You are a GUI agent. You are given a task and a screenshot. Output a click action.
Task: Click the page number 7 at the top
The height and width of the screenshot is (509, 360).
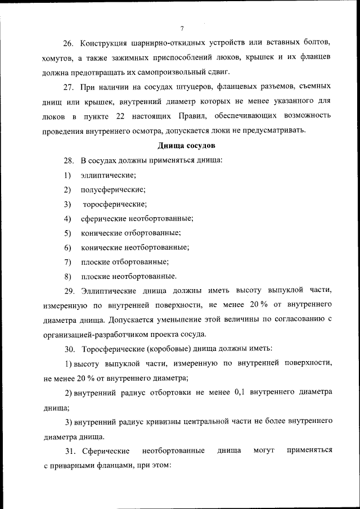(x=182, y=29)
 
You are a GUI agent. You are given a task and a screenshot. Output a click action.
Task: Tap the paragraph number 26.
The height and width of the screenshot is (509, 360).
(x=68, y=44)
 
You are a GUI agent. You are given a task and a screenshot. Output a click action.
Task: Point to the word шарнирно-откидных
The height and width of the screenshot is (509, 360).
(x=169, y=44)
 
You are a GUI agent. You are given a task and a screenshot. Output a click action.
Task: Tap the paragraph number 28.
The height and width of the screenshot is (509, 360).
(x=68, y=160)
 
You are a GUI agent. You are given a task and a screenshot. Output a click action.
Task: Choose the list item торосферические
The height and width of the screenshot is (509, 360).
(x=115, y=204)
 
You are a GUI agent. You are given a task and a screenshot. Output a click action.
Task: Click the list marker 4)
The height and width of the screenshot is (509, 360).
(x=67, y=218)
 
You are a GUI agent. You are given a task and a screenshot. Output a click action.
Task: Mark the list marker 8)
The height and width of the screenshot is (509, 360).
(x=67, y=276)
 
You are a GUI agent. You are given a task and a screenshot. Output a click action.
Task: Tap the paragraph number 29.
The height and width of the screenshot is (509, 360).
(x=68, y=291)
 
